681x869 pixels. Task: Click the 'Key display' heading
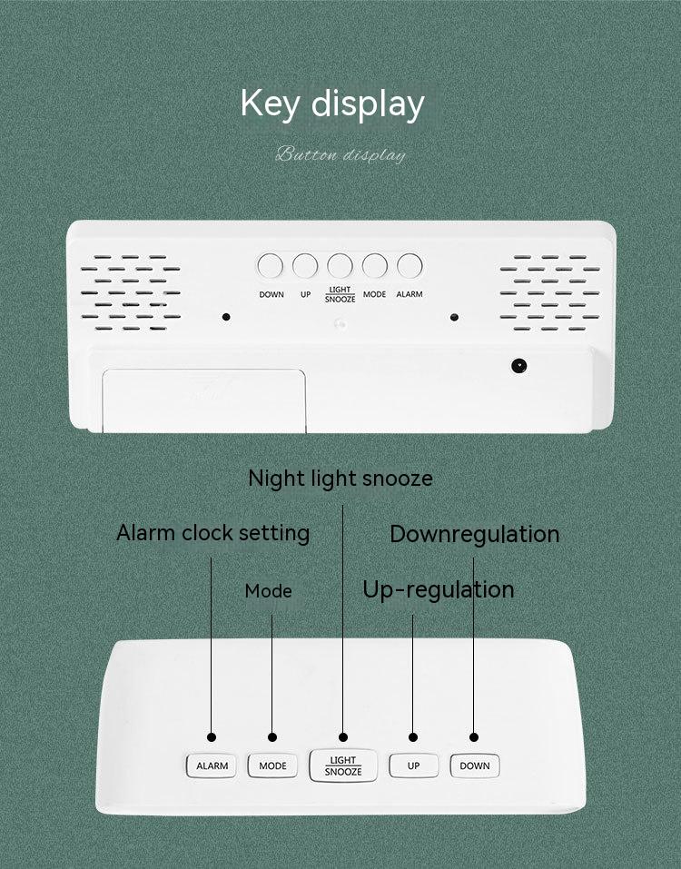332,104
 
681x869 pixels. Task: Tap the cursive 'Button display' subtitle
340,154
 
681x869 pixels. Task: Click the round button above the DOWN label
270,265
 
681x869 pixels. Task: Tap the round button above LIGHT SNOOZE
340,265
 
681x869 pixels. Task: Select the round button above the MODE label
375,265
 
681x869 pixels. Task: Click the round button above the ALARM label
410,265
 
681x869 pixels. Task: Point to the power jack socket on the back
518,366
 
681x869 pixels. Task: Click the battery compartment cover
204,400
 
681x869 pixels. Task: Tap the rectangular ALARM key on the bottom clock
212,765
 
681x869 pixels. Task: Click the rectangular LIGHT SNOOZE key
343,765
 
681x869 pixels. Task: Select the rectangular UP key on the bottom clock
413,765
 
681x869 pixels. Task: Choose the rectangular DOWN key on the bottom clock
475,765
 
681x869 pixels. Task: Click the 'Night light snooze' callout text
340,479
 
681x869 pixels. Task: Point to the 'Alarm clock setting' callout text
212,533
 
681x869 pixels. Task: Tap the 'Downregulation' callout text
474,534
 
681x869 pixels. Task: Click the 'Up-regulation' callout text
439,589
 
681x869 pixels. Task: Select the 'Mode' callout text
268,591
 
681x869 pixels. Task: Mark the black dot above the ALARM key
212,737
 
